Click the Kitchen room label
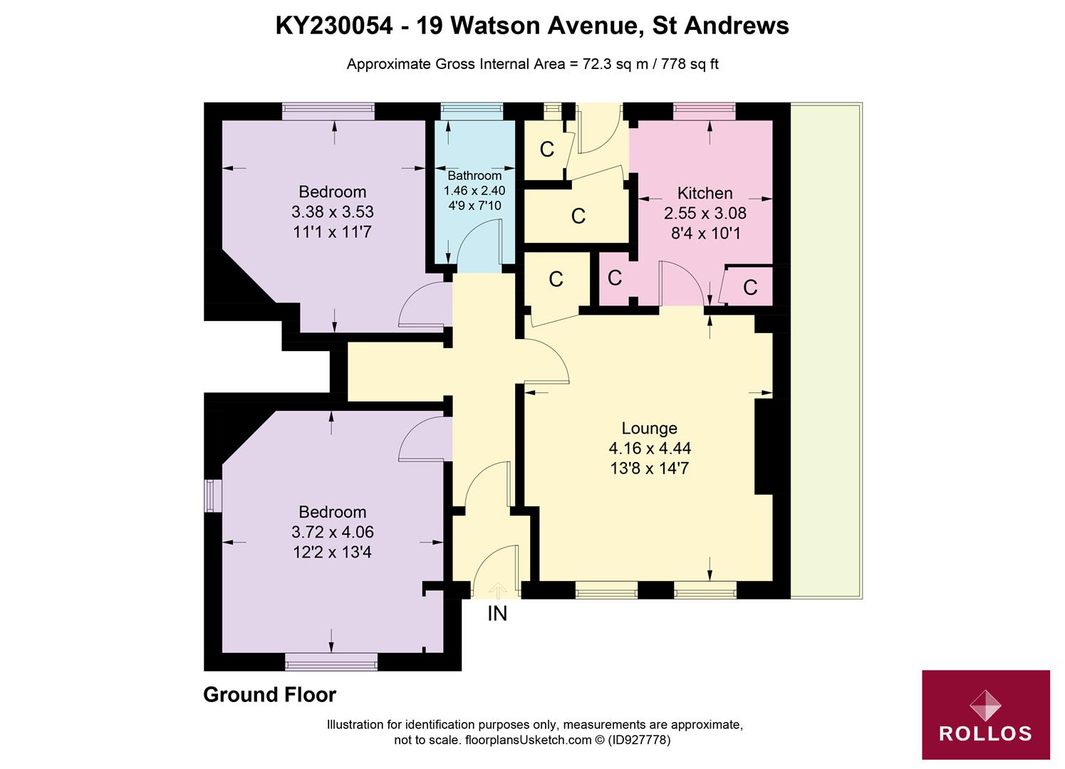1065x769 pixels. coord(705,193)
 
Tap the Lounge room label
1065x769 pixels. coord(649,428)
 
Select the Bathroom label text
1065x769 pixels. coord(474,175)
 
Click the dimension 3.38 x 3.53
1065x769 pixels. coord(332,211)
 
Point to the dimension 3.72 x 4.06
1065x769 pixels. coord(332,532)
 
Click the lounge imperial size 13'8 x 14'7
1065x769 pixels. coord(649,468)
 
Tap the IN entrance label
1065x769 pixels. coord(497,613)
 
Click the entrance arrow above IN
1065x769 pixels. coord(497,590)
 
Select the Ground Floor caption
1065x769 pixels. coord(269,694)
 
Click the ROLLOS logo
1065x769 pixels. coord(985,714)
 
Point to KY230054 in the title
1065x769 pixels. coord(334,26)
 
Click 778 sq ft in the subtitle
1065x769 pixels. coord(690,64)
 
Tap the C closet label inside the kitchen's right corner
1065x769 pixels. coord(749,287)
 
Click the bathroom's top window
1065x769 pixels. coord(472,110)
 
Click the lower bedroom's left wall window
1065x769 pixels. coord(210,496)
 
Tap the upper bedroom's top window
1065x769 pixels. coord(328,110)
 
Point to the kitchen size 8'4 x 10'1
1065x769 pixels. coord(705,233)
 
